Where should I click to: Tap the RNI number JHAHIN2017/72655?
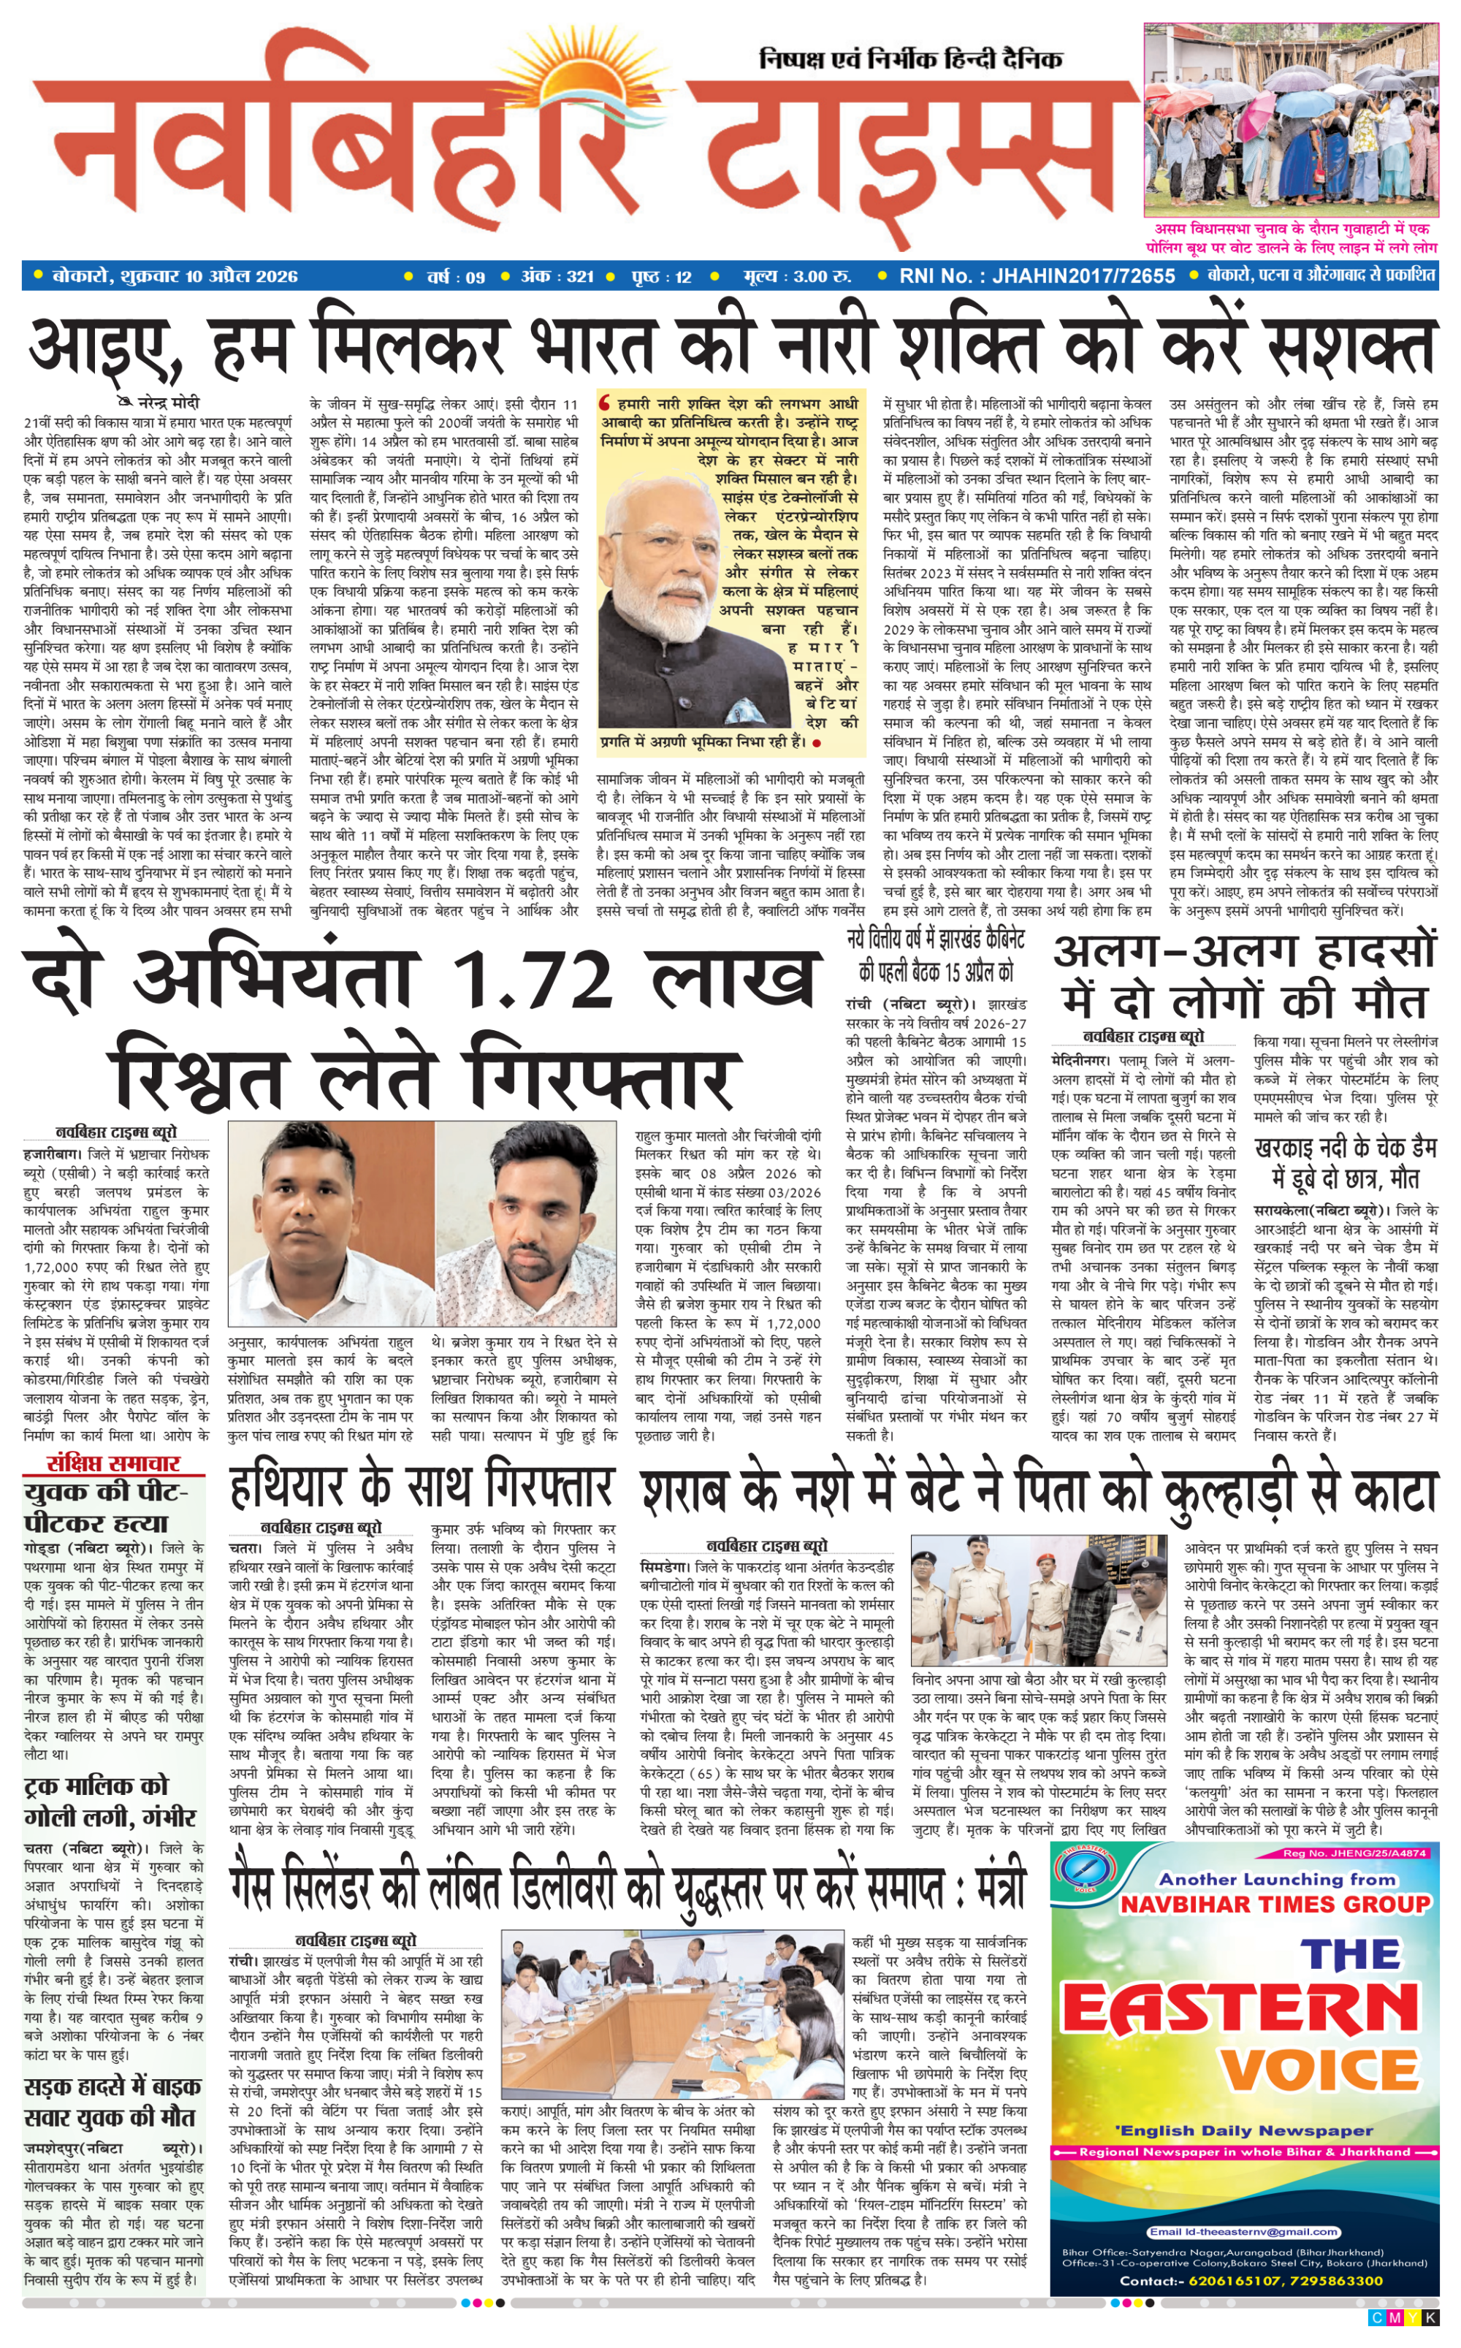pyautogui.click(x=1083, y=276)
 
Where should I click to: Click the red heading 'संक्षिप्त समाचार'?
pyautogui.click(x=114, y=1462)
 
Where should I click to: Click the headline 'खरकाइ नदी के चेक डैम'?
pyautogui.click(x=1345, y=1148)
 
